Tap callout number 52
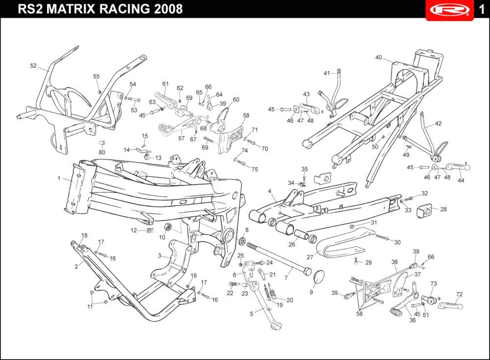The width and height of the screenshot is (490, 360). (33, 66)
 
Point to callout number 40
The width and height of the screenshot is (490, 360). (378, 57)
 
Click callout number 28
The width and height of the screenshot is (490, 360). (443, 209)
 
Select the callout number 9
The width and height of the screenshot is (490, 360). (311, 292)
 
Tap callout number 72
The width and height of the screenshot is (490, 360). (459, 294)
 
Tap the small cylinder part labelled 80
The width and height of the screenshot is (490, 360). (102, 143)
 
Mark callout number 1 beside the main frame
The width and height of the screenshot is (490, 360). (59, 179)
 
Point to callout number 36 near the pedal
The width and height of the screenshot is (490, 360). (413, 320)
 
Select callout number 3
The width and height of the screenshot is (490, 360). (160, 256)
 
